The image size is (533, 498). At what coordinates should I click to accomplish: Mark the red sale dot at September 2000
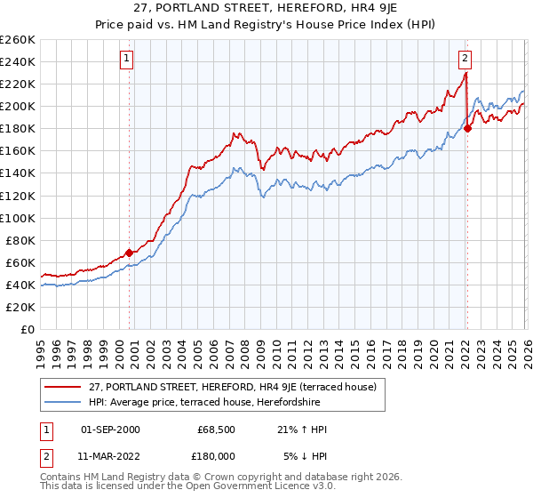(x=129, y=253)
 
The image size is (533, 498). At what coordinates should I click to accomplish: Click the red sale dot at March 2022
(x=467, y=128)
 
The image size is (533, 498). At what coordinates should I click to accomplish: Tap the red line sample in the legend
(x=63, y=387)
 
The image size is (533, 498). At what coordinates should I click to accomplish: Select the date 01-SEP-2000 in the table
(x=110, y=430)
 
